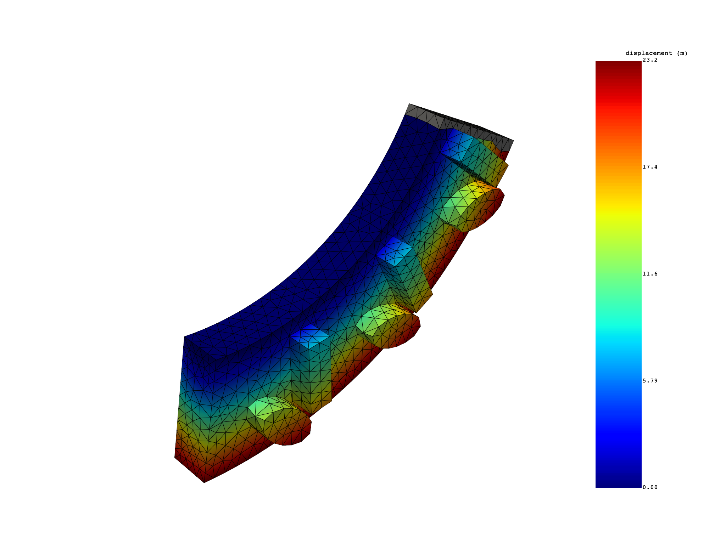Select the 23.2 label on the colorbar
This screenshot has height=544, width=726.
[650, 60]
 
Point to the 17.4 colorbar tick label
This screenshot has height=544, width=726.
[650, 167]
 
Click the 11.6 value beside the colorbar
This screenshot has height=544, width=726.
[650, 274]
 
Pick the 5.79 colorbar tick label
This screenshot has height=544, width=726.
[650, 381]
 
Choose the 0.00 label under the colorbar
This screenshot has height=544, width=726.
[650, 487]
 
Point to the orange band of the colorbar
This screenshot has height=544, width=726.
[618, 156]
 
